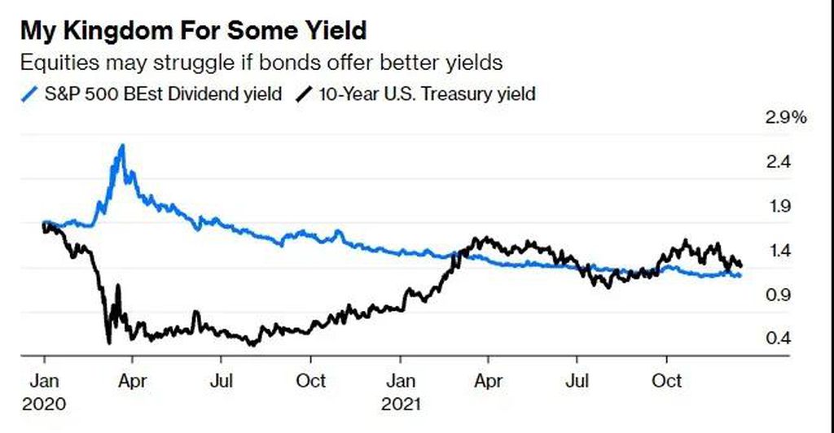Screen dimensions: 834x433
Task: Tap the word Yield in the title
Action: [335, 30]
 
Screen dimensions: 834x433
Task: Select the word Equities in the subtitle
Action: [60, 63]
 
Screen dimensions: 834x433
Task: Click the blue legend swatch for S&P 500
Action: [30, 94]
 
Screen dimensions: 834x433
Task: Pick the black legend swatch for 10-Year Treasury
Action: [304, 94]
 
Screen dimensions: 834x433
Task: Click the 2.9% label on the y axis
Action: [786, 117]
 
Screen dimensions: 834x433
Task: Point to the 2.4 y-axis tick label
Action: [778, 161]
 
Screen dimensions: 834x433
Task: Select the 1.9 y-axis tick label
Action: [778, 206]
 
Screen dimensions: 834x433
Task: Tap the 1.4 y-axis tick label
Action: [778, 250]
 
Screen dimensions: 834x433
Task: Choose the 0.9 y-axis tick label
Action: [778, 295]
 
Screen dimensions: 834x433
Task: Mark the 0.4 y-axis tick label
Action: [778, 338]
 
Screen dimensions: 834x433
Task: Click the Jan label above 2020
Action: [44, 381]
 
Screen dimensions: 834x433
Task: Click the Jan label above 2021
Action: [401, 381]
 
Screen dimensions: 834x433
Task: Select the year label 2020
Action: [44, 405]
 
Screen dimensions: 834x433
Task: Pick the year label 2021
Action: [401, 405]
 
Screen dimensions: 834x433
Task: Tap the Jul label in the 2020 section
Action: [222, 381]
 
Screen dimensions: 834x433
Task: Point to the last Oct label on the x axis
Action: [667, 381]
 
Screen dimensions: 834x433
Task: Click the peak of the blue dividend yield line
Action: [122, 145]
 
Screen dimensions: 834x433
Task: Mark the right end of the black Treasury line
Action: [741, 265]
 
